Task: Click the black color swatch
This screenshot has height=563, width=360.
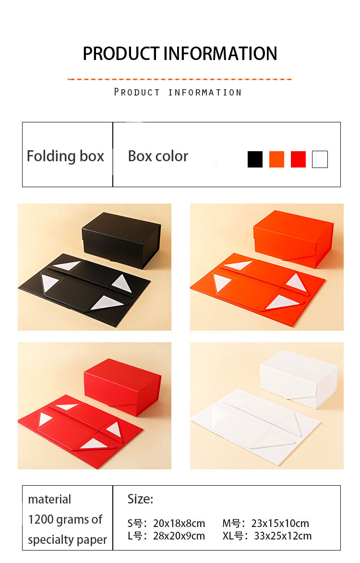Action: click(x=255, y=159)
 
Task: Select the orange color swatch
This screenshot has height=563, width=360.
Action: click(x=276, y=159)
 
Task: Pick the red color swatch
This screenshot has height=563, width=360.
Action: click(x=298, y=159)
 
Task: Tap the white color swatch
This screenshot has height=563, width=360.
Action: click(x=320, y=159)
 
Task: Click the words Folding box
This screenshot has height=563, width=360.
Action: click(x=65, y=156)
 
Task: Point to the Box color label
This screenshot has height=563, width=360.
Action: click(x=158, y=156)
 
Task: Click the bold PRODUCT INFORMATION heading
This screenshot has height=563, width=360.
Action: click(x=180, y=54)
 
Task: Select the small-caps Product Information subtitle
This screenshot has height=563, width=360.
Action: click(x=178, y=92)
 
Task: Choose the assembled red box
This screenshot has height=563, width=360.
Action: click(x=122, y=387)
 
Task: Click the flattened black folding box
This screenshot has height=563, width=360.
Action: click(x=84, y=289)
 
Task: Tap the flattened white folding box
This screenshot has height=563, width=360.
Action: click(x=255, y=426)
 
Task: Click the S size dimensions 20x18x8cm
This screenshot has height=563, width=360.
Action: click(x=179, y=524)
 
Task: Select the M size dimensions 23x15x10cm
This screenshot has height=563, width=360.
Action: click(x=280, y=524)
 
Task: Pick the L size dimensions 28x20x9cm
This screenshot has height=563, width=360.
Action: click(x=179, y=536)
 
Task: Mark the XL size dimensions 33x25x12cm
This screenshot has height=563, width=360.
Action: click(x=283, y=536)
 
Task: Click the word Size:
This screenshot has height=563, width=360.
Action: click(x=140, y=499)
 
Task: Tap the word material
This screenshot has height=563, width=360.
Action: click(x=49, y=500)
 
